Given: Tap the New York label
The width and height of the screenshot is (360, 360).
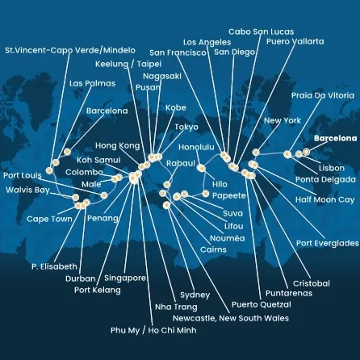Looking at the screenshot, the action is tap(282, 121).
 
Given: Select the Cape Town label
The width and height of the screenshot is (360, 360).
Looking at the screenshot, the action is tap(49, 219).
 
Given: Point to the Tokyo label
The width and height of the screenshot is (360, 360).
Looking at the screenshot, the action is tap(186, 127).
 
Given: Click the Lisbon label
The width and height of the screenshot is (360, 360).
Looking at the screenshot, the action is tap(331, 167).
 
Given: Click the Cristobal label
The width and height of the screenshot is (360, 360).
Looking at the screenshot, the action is tap(311, 283).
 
